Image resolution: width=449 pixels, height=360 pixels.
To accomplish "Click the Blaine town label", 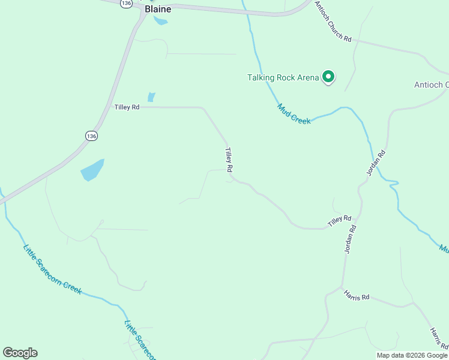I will [158, 9].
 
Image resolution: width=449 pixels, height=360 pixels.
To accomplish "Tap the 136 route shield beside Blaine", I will [125, 4].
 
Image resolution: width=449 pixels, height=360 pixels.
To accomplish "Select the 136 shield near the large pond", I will [91, 136].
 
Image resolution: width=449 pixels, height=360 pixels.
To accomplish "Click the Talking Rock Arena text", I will [283, 77].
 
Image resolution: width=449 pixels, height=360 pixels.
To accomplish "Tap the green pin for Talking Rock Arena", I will [328, 76].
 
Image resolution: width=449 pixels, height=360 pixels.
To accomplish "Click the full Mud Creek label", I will [294, 113].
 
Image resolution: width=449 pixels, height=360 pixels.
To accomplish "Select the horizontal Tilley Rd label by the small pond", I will [127, 107].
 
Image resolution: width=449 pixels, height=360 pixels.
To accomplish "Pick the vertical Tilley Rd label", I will [229, 160].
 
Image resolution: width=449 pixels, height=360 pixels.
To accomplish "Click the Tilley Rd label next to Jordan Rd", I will [339, 220].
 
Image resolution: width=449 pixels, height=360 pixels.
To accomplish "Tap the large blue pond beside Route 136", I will [92, 170].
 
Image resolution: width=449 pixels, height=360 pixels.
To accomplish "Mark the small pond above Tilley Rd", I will [151, 97].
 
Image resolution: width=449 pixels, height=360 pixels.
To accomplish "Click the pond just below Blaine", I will [160, 21].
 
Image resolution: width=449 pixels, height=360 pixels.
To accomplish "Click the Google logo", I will [20, 353].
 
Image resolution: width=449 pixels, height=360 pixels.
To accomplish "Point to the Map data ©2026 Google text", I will [412, 355].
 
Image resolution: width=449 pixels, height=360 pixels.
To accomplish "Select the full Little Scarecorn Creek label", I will [52, 269].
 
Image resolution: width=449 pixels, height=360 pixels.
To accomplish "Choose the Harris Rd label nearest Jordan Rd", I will [357, 296].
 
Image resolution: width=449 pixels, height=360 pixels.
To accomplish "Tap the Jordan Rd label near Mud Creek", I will [376, 162].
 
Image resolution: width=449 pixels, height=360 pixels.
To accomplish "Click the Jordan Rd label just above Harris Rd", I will [351, 239].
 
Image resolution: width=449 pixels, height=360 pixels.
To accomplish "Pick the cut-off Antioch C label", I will [431, 85].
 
